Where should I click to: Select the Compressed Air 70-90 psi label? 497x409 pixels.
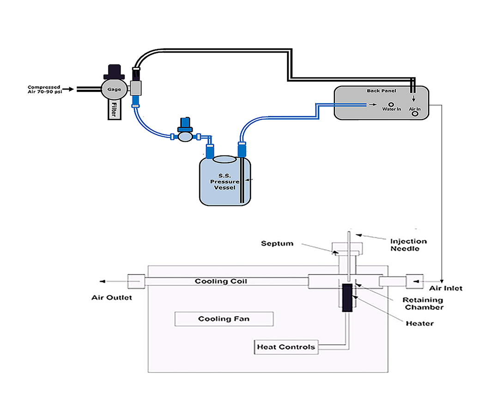click(x=44, y=89)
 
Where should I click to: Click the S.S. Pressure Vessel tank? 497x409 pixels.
click(x=225, y=182)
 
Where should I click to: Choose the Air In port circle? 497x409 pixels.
click(x=415, y=113)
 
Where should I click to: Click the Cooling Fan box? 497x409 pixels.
click(x=224, y=319)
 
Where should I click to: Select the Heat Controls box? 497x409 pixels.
click(x=286, y=347)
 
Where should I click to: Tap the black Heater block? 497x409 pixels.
click(x=347, y=298)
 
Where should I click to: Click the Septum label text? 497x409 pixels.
click(x=277, y=243)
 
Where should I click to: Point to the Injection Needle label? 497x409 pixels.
click(x=408, y=245)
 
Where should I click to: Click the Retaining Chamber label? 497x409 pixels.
click(x=423, y=303)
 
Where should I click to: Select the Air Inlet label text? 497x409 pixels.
click(x=446, y=289)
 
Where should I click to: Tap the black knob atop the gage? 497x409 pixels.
click(x=113, y=71)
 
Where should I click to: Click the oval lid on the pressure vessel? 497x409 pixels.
click(x=225, y=159)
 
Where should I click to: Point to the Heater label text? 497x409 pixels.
click(x=419, y=324)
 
